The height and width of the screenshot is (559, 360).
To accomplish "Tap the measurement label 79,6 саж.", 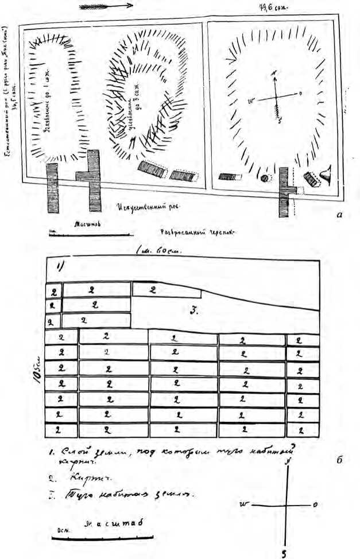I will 274,8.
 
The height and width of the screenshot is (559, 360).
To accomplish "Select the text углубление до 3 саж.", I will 138,109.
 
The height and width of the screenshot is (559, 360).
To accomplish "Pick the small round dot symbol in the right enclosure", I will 265,178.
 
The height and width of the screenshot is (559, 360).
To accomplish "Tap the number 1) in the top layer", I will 60,266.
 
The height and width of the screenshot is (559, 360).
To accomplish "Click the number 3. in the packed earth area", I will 194,310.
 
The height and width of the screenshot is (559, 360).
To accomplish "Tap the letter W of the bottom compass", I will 243,504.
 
